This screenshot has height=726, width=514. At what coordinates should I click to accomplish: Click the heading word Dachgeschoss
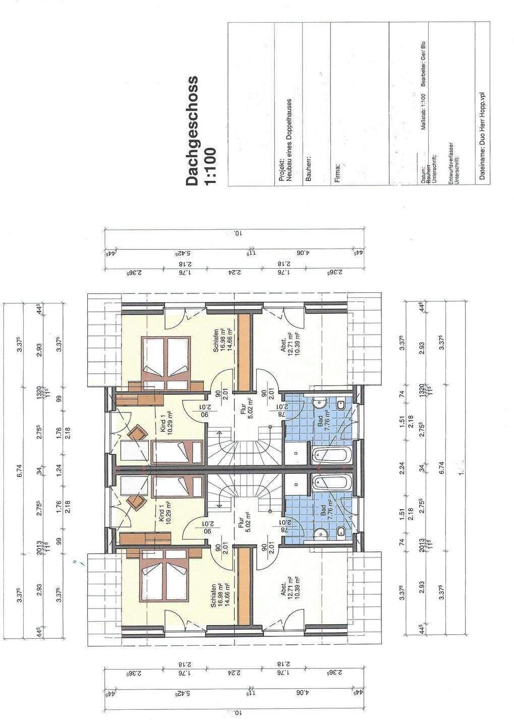pos(192,131)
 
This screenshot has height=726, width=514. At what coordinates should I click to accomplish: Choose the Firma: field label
pos(337,172)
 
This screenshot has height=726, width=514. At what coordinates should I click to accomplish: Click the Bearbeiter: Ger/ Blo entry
pos(423,71)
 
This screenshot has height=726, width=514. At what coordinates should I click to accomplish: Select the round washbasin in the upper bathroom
pos(318,403)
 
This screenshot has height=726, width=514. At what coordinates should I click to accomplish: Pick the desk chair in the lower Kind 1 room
pos(134,501)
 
